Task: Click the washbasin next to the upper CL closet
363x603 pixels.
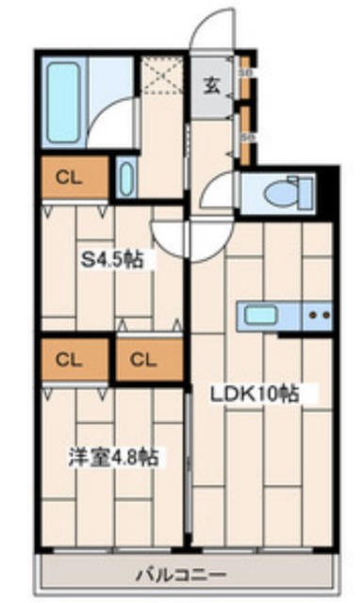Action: point(128,177)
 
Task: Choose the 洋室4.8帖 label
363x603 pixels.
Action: point(112,458)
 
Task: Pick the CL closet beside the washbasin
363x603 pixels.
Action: point(66,176)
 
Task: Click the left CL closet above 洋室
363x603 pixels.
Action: point(66,359)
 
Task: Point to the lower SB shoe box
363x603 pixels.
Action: point(245,135)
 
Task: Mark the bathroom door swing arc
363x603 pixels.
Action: point(118,127)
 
